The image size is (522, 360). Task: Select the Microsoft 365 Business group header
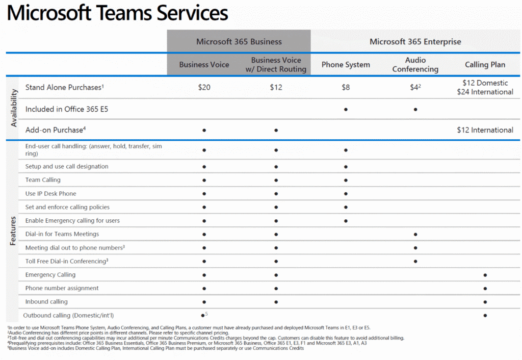239,41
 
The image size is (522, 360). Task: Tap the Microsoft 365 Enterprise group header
415,41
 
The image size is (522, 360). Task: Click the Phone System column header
346,65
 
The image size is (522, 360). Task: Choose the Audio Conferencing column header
415,65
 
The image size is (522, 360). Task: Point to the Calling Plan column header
485,65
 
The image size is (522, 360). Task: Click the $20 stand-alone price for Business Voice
204,87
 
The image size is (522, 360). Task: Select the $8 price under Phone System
346,87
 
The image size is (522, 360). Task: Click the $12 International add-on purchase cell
485,130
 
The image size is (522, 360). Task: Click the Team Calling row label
43,180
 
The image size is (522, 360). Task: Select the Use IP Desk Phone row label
50,193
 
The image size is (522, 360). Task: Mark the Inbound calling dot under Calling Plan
485,302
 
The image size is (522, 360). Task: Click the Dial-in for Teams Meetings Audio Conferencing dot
415,234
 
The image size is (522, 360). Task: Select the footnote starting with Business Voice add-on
155,348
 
